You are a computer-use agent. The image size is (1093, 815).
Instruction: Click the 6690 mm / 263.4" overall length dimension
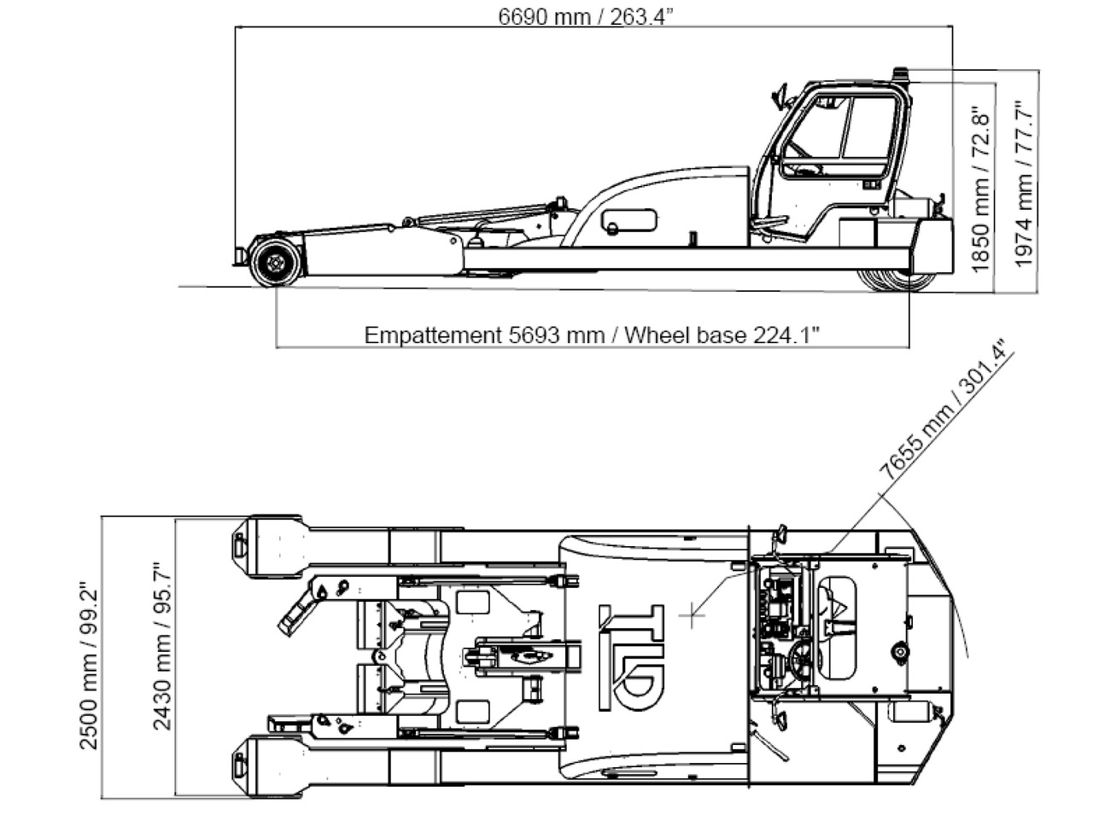[586, 17]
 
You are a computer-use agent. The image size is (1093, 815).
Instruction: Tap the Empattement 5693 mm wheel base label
[592, 335]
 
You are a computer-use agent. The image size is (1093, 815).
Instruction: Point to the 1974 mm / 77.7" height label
[1025, 184]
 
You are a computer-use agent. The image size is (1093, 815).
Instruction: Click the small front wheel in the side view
[275, 263]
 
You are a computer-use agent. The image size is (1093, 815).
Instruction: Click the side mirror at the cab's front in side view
[779, 95]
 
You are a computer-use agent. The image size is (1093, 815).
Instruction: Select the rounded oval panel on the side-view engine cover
[628, 220]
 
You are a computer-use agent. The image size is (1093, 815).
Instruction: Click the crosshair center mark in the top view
[692, 614]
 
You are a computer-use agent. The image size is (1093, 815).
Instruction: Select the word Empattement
[432, 335]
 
